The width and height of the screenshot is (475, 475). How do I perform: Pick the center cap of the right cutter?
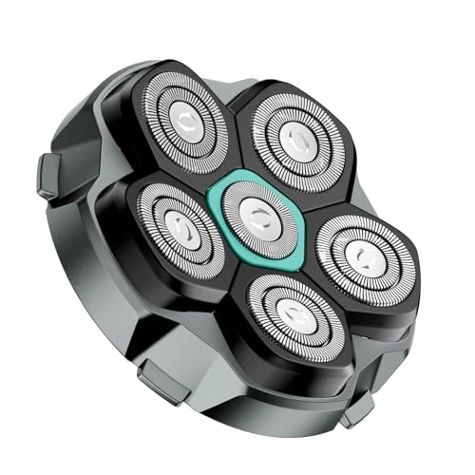click(x=358, y=255)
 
